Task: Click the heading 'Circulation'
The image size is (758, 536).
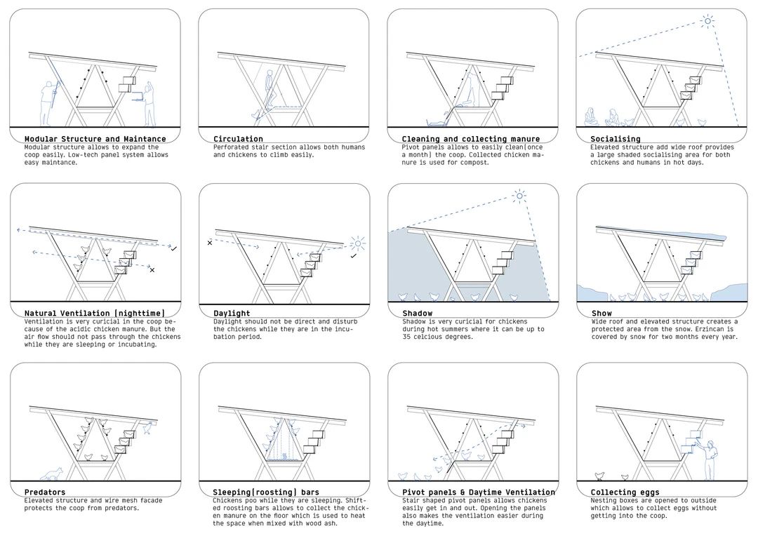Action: [238, 139]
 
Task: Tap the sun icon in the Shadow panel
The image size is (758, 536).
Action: [519, 196]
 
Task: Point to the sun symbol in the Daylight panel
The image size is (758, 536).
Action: [359, 245]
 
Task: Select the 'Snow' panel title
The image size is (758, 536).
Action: [601, 313]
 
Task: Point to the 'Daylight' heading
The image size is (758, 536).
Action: [232, 313]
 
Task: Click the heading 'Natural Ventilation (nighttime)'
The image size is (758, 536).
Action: [94, 313]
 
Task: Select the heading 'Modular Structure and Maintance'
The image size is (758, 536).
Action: [95, 139]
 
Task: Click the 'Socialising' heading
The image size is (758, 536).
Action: [616, 139]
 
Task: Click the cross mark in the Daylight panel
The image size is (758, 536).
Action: [209, 243]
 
